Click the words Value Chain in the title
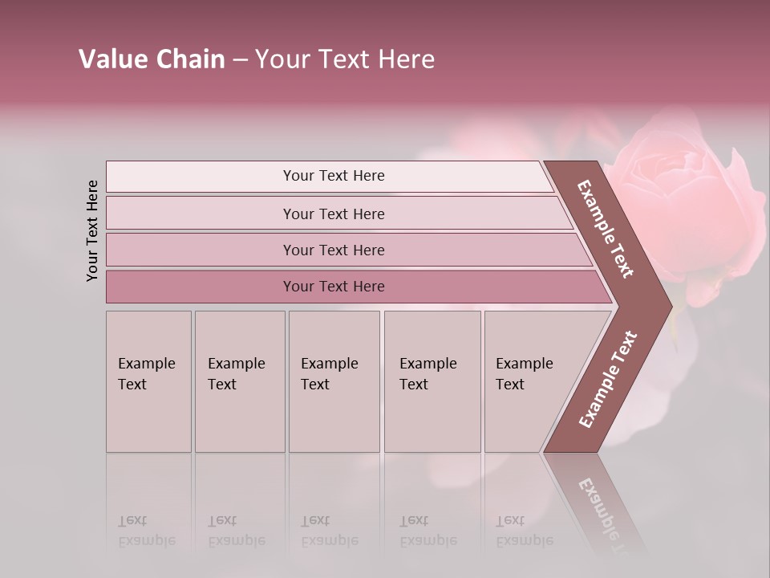click(152, 59)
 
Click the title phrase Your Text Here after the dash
click(345, 59)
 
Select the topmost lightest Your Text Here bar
click(334, 176)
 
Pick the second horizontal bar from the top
click(334, 214)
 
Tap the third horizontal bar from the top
click(334, 250)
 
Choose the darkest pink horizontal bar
click(334, 287)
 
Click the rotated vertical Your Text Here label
click(92, 230)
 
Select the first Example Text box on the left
click(148, 381)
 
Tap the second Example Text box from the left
click(239, 381)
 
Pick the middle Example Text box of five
click(334, 381)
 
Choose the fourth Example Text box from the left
click(432, 381)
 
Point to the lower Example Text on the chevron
click(608, 379)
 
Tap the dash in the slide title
click(240, 60)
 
